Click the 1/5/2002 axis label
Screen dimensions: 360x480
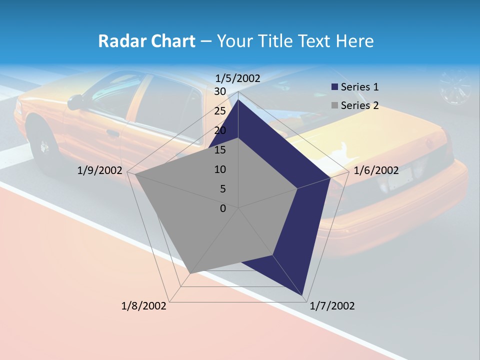(x=238, y=78)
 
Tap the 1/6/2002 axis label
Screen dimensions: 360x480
(x=376, y=170)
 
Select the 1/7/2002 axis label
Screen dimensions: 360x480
(x=332, y=306)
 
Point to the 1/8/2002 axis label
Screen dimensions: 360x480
(x=144, y=306)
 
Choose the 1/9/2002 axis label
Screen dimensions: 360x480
(x=100, y=170)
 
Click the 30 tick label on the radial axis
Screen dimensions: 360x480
(x=220, y=91)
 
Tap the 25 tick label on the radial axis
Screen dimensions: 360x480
(x=220, y=111)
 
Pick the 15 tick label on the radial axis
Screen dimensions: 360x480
(x=220, y=150)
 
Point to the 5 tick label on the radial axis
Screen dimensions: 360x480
(x=222, y=189)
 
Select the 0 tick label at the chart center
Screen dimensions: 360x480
(x=223, y=208)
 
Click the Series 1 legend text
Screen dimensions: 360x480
(x=359, y=87)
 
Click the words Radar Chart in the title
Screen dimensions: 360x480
(x=146, y=41)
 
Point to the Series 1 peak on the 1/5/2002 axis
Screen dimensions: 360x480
(x=238, y=100)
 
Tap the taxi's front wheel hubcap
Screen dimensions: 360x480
(x=44, y=146)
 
